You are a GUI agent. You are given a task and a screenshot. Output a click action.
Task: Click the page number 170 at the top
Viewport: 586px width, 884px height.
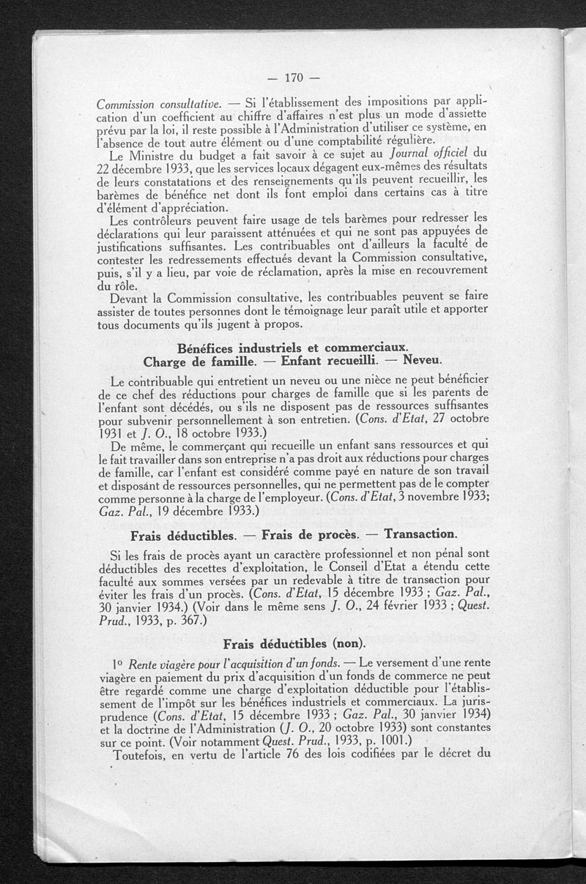[293, 78]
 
